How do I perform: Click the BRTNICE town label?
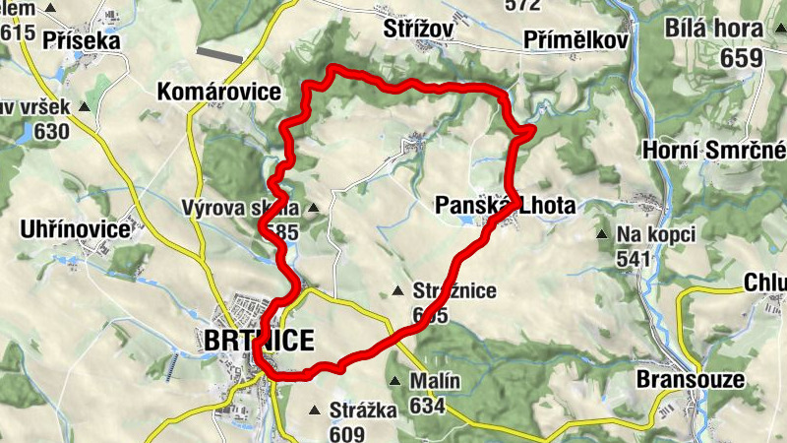[260, 341]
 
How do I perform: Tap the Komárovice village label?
[218, 93]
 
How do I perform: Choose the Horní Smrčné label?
[712, 150]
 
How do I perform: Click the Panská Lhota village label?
[504, 205]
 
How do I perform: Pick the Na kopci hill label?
[656, 234]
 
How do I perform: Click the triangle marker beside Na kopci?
[602, 234]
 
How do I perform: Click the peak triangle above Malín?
[394, 381]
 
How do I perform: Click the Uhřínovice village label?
[75, 229]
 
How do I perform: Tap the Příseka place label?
[75, 41]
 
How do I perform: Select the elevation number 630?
[51, 132]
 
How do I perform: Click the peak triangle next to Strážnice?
[397, 290]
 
